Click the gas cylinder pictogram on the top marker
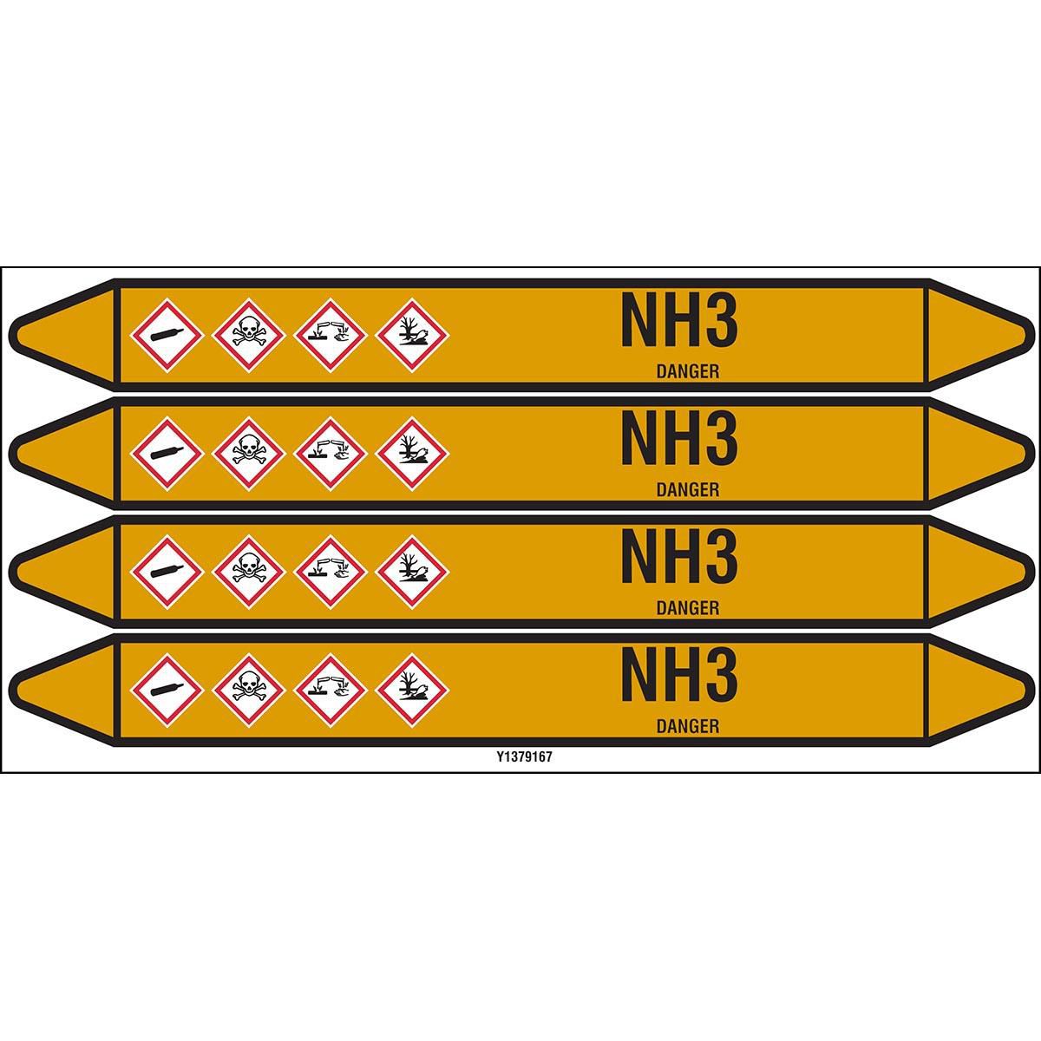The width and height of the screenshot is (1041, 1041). coord(167,336)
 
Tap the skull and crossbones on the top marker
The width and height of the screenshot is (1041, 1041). coord(248,336)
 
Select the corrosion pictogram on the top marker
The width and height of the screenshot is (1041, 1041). coord(331,336)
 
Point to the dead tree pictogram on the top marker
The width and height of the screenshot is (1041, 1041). coord(412,336)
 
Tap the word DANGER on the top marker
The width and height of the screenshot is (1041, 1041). coord(688,371)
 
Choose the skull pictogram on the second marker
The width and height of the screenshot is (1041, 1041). coord(248,454)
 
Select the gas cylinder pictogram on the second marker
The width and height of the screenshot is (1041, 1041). coord(167,454)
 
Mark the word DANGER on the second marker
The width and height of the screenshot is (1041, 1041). coord(688,490)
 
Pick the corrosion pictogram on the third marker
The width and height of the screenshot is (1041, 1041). coord(331,572)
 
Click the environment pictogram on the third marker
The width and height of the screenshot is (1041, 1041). coord(412,572)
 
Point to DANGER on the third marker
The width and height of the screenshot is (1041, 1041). coord(688,608)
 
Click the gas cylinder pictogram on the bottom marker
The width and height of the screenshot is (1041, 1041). coord(167,691)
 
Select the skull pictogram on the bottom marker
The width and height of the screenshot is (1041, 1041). coord(248,691)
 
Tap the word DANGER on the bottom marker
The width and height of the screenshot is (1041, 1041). coord(688,727)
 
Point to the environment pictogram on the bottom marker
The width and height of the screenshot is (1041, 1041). coord(412,691)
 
